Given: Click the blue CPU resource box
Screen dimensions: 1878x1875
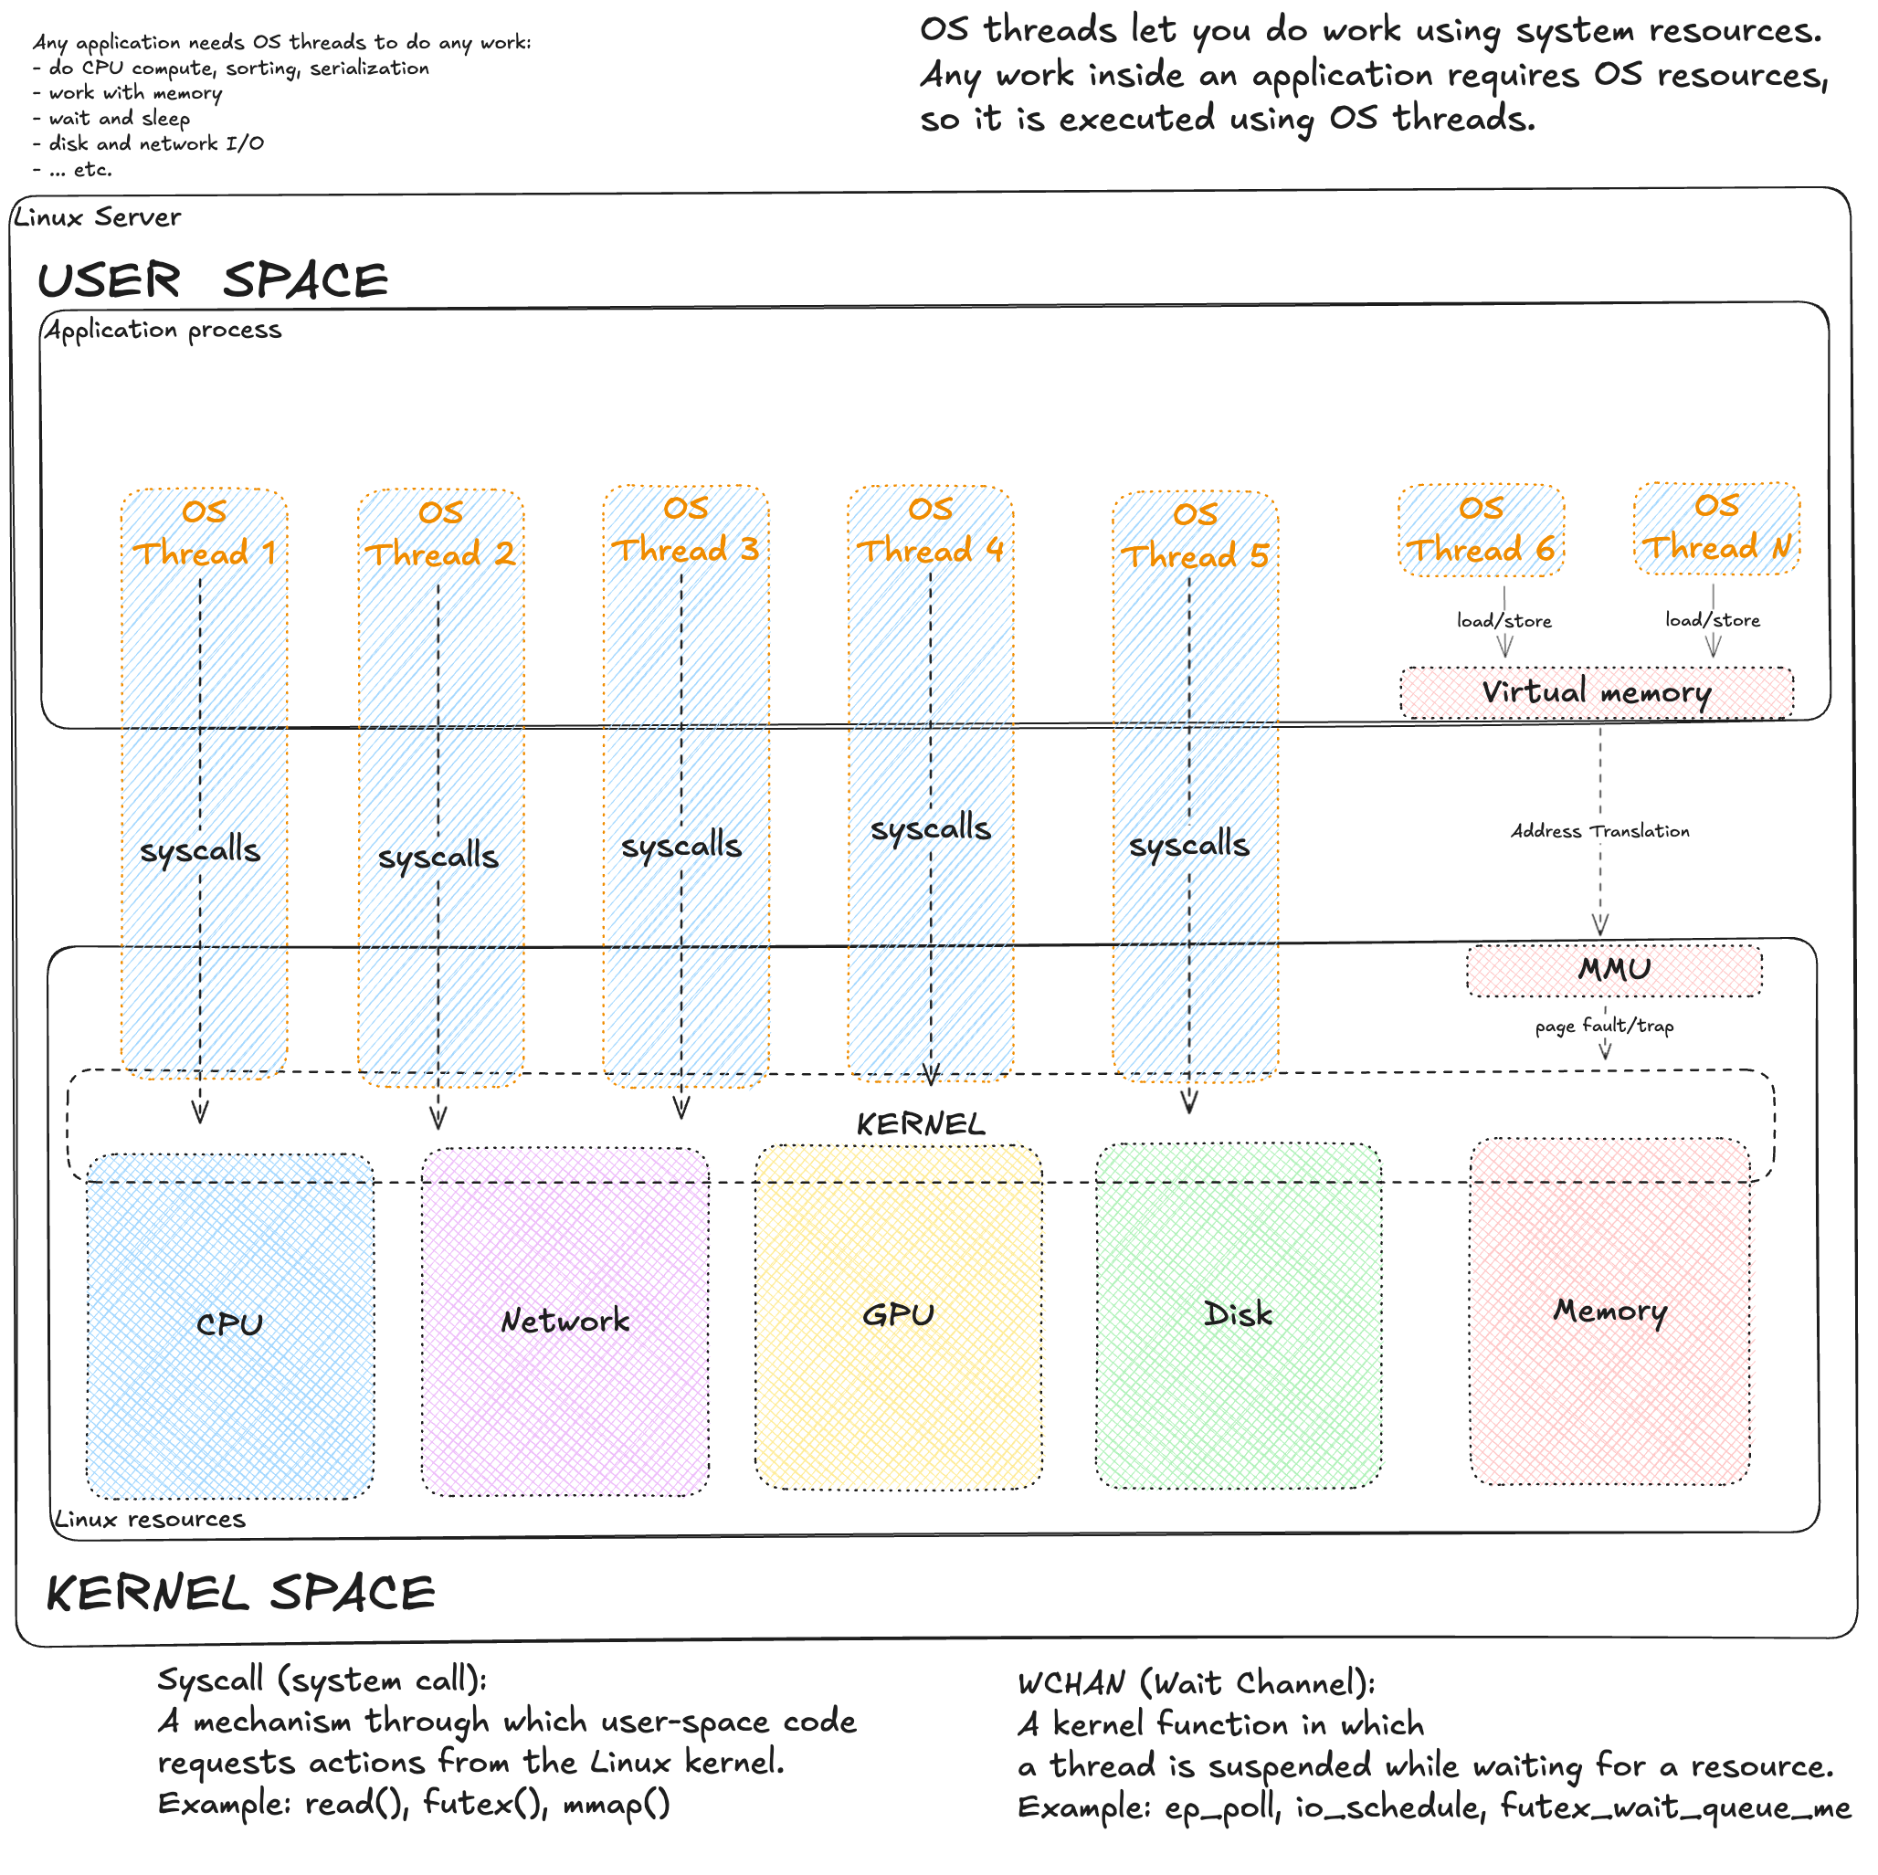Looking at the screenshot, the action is pos(229,1325).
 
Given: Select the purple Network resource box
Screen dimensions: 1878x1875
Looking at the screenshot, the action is pos(564,1321).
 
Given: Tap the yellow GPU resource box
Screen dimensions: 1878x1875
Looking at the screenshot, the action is pos(898,1316).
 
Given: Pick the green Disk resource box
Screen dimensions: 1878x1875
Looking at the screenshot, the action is pos(1239,1315).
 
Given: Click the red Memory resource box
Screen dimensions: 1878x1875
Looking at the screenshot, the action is pos(1609,1311).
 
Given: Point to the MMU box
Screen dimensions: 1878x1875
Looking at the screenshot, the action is pos(1614,970).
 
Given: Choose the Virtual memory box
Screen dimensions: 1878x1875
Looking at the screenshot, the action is pos(1596,693).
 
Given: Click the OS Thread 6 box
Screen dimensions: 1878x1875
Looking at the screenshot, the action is pos(1482,531).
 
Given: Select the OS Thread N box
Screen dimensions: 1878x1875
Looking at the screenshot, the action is pos(1716,528).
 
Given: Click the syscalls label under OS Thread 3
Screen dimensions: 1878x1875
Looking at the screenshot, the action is pos(681,846).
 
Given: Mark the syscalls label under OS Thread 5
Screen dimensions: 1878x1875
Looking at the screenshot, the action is pos(1188,845).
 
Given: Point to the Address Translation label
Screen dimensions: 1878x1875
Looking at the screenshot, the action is pos(1600,831).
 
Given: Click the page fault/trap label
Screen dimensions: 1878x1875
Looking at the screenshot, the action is pos(1604,1026).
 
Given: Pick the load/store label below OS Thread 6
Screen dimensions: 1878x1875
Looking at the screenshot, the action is pos(1503,620).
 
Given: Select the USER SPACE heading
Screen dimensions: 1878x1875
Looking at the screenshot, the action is pos(213,281).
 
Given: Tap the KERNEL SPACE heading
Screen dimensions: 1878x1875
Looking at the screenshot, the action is pos(240,1593).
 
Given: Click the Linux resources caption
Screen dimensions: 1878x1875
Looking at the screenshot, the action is pos(150,1519).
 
